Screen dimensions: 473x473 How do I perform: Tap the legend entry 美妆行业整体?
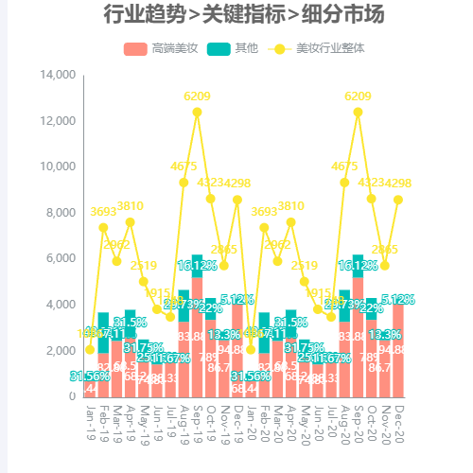pyautogui.click(x=317, y=47)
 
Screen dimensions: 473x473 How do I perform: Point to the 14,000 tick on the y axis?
pyautogui.click(x=59, y=75)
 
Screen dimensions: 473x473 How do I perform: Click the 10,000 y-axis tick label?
pyautogui.click(x=59, y=166)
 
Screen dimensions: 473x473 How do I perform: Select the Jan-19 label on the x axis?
pyautogui.click(x=90, y=417)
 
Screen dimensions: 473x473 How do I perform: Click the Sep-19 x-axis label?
pyautogui.click(x=197, y=417)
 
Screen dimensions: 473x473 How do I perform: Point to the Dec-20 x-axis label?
pyautogui.click(x=398, y=417)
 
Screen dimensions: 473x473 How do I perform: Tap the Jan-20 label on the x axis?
pyautogui.click(x=251, y=417)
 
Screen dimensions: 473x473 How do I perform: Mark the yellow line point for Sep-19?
pyautogui.click(x=197, y=112)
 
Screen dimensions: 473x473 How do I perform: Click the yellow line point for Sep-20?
pyautogui.click(x=358, y=112)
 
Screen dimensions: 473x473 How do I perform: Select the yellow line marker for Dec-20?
pyautogui.click(x=398, y=200)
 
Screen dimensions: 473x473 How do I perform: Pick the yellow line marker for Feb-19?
pyautogui.click(x=103, y=227)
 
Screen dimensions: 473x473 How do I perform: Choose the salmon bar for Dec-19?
pyautogui.click(x=237, y=350)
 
